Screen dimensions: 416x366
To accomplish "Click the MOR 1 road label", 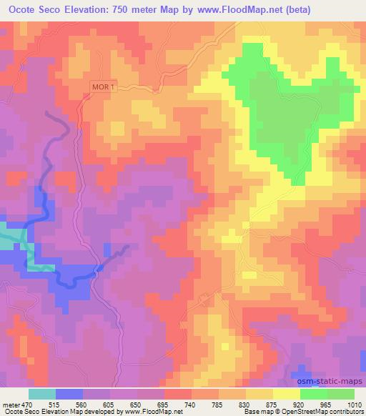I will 103,87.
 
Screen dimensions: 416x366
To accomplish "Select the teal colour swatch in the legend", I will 42,394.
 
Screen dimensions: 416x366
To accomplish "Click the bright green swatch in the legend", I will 314,394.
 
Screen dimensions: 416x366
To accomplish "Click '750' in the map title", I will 118,10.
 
